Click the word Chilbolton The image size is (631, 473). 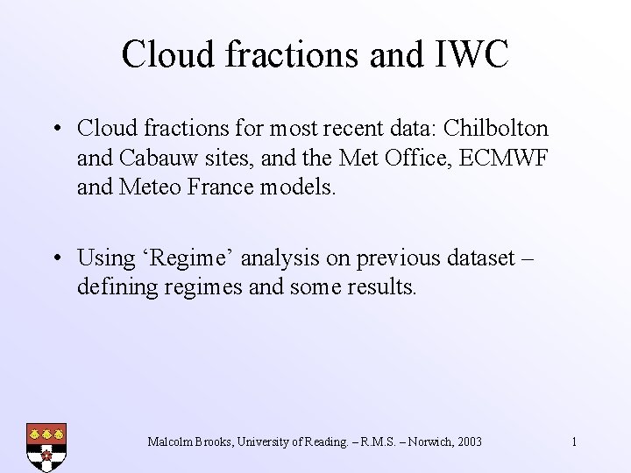coord(496,129)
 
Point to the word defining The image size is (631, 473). coord(116,287)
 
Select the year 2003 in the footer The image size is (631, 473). coord(468,441)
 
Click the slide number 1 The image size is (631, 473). coord(574,441)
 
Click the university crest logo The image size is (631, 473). coord(46,447)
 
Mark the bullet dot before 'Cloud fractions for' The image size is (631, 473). coord(56,130)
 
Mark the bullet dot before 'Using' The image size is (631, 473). coord(56,259)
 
